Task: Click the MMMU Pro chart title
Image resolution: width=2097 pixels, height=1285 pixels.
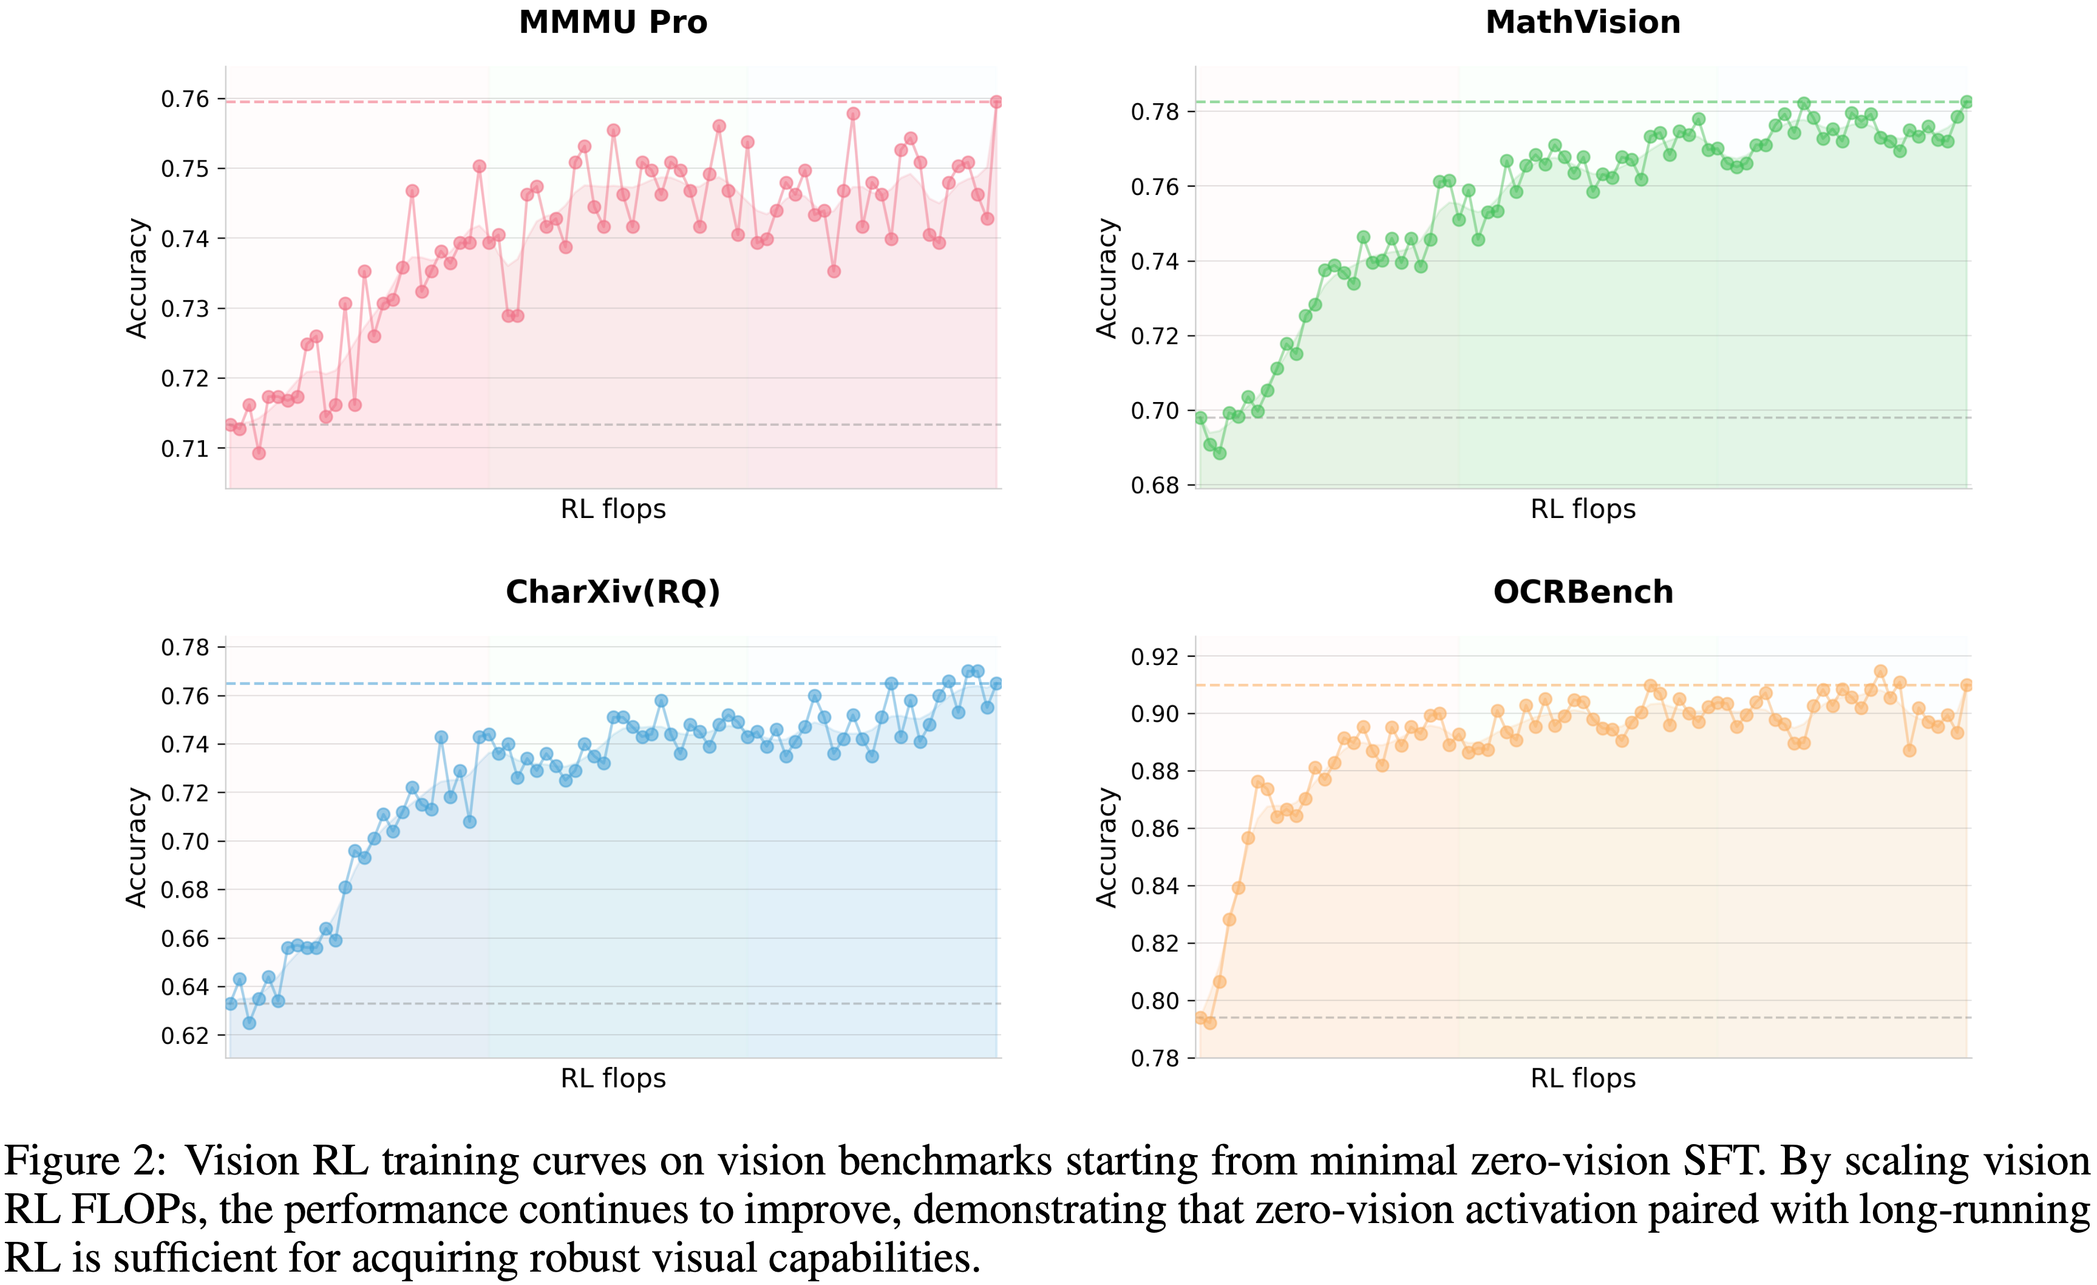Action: tap(613, 22)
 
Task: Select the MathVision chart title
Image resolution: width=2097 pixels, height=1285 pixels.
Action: tap(1583, 22)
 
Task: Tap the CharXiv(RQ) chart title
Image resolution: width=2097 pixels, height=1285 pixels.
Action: tap(613, 591)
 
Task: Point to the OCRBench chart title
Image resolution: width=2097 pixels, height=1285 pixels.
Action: tap(1583, 591)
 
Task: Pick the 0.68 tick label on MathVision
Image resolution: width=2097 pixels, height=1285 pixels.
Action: tap(1155, 486)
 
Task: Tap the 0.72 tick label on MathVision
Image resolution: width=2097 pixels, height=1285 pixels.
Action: tap(1155, 336)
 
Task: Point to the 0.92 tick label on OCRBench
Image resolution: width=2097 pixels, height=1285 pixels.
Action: tap(1155, 657)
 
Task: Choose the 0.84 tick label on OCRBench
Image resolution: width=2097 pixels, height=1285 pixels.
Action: tap(1155, 886)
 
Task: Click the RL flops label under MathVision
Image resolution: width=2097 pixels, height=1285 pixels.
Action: tap(1583, 509)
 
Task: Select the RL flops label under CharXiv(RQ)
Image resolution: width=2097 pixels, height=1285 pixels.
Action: tap(613, 1078)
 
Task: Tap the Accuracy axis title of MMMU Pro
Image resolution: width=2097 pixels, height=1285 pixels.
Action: tap(136, 278)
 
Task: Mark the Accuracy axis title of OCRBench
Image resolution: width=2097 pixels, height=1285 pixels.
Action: tap(1106, 848)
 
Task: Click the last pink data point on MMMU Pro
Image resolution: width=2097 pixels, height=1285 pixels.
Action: tap(996, 102)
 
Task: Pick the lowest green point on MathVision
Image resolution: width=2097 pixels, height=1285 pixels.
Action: tap(1220, 454)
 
